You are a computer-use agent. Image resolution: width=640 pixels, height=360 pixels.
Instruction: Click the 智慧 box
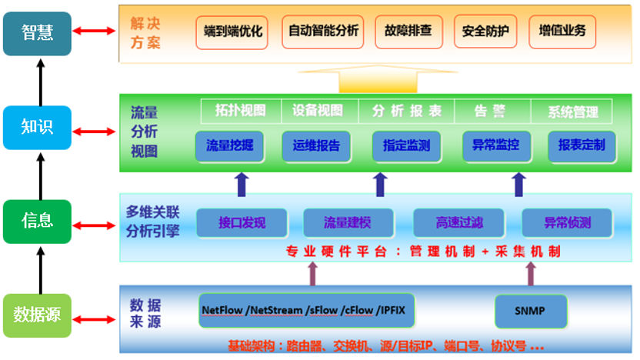[x=37, y=33]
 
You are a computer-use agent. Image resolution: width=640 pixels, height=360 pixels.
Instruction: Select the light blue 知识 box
[x=37, y=128]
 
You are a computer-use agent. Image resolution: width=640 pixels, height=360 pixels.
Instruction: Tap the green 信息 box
[x=37, y=222]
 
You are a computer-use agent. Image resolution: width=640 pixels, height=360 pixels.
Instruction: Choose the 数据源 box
[x=37, y=315]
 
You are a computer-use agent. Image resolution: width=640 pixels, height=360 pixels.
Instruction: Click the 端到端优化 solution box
[x=233, y=32]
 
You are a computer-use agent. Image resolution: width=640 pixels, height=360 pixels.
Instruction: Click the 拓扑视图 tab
[x=239, y=111]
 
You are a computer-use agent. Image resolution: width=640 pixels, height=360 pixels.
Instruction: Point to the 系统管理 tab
[x=572, y=112]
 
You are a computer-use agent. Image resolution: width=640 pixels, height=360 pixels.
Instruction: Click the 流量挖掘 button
[x=229, y=145]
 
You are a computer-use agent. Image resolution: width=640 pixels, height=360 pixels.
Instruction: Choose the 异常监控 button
[x=495, y=145]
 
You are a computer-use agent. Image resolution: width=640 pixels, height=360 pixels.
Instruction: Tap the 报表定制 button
[x=582, y=145]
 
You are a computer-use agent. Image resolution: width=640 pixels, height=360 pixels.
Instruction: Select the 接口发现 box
[x=242, y=223]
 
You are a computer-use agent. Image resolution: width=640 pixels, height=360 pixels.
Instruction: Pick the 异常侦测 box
[x=568, y=223]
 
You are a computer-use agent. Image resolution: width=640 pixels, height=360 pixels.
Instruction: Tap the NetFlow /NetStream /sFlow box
[x=308, y=311]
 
